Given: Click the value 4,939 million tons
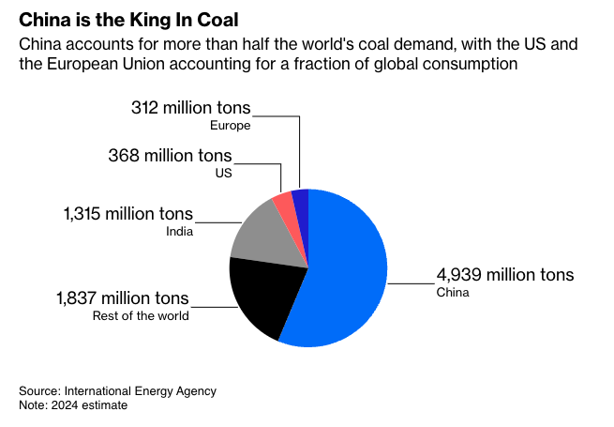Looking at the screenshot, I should point(505,276).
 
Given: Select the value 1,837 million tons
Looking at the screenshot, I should point(123,298).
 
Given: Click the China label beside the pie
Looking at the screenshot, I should point(453,293).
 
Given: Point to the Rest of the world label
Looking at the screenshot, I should point(141,316).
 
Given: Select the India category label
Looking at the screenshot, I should point(180,232).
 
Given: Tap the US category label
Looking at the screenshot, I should point(222,173).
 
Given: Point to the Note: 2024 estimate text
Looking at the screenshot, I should point(73,405).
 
